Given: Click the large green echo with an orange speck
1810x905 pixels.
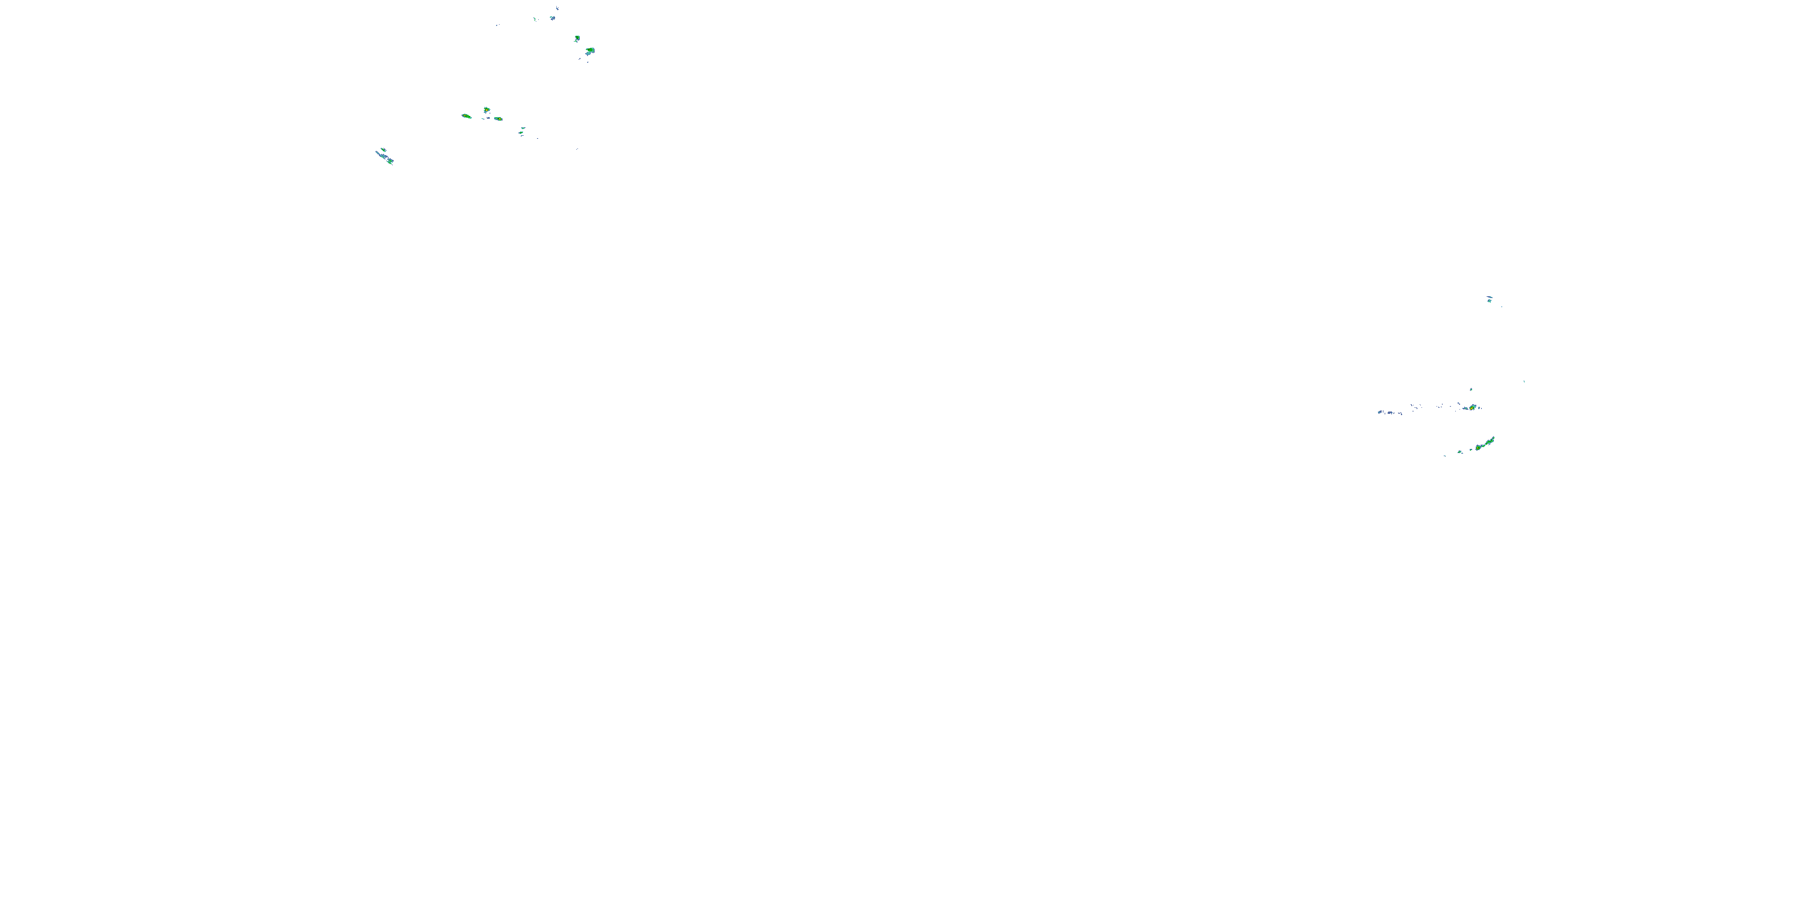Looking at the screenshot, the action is click(x=590, y=51).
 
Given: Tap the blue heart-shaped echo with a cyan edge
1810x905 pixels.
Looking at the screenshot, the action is click(x=552, y=17).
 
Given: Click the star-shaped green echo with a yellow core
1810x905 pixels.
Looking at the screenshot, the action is click(x=486, y=110).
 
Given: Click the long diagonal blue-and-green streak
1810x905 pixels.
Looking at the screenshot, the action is click(x=385, y=157).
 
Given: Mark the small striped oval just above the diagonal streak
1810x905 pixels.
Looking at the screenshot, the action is click(x=383, y=150).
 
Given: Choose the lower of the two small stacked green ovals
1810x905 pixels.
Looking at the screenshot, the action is click(x=521, y=133).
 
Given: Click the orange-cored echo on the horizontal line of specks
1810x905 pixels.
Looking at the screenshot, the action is click(x=1472, y=407).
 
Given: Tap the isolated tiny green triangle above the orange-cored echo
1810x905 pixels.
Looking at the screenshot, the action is click(x=1471, y=389).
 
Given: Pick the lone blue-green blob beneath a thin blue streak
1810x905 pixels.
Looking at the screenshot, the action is click(x=1489, y=300).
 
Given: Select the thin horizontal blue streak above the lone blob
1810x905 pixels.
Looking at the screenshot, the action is click(x=1488, y=296).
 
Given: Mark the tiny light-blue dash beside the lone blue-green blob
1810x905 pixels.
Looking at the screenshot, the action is click(x=1502, y=306).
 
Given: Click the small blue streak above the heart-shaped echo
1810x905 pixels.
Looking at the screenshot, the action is click(x=557, y=8).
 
